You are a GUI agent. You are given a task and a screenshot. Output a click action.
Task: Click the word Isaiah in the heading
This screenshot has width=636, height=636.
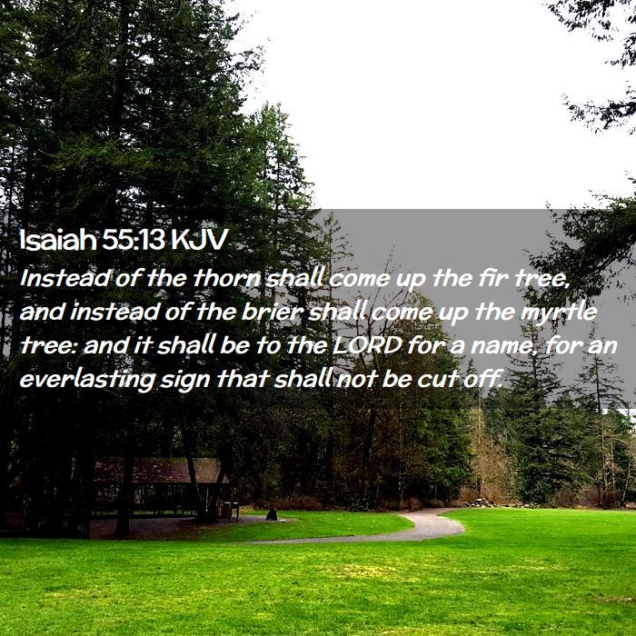coord(57,239)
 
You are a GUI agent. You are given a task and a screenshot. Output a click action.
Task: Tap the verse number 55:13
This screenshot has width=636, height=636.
coord(134,239)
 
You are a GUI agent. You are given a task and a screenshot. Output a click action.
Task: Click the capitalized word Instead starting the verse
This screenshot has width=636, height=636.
coord(65,278)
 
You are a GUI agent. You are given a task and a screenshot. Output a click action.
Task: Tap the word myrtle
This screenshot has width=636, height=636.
coord(559,313)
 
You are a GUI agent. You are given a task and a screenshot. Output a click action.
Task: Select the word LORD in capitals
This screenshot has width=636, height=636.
coord(367,345)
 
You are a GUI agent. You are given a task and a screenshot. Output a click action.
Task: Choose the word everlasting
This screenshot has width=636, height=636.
coord(87,380)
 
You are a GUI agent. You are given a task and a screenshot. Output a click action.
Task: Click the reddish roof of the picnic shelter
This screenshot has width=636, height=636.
coord(160,471)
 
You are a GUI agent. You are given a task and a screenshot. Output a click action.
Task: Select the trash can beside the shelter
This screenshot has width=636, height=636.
coord(227,511)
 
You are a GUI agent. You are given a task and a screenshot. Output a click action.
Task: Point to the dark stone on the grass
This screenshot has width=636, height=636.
coord(272,515)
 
